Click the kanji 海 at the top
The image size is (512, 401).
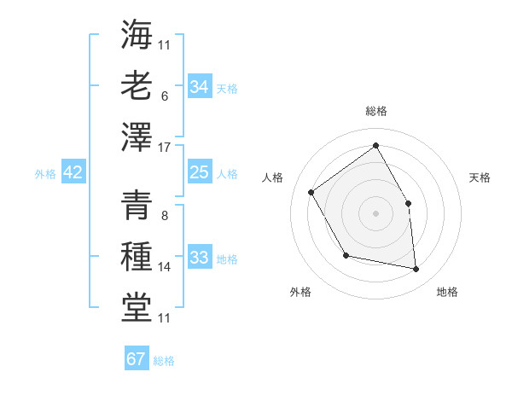click(x=137, y=34)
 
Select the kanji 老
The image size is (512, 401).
click(x=137, y=85)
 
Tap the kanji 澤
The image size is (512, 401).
click(x=137, y=137)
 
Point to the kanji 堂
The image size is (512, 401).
click(x=137, y=307)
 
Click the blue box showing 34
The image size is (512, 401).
click(x=199, y=87)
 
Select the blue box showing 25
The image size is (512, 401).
click(x=199, y=172)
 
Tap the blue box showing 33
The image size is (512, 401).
click(x=199, y=258)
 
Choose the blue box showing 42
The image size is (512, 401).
click(x=73, y=172)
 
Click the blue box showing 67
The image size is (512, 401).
click(x=137, y=358)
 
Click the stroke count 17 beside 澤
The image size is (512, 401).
click(x=166, y=146)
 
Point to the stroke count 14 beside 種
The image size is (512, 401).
click(x=165, y=267)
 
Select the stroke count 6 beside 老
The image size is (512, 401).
click(x=164, y=96)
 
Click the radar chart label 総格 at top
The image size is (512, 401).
click(x=376, y=111)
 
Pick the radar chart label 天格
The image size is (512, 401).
click(x=480, y=177)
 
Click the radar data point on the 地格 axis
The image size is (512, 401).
click(x=416, y=270)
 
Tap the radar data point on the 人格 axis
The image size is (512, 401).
click(x=311, y=192)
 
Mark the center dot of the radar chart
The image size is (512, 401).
click(x=375, y=212)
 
